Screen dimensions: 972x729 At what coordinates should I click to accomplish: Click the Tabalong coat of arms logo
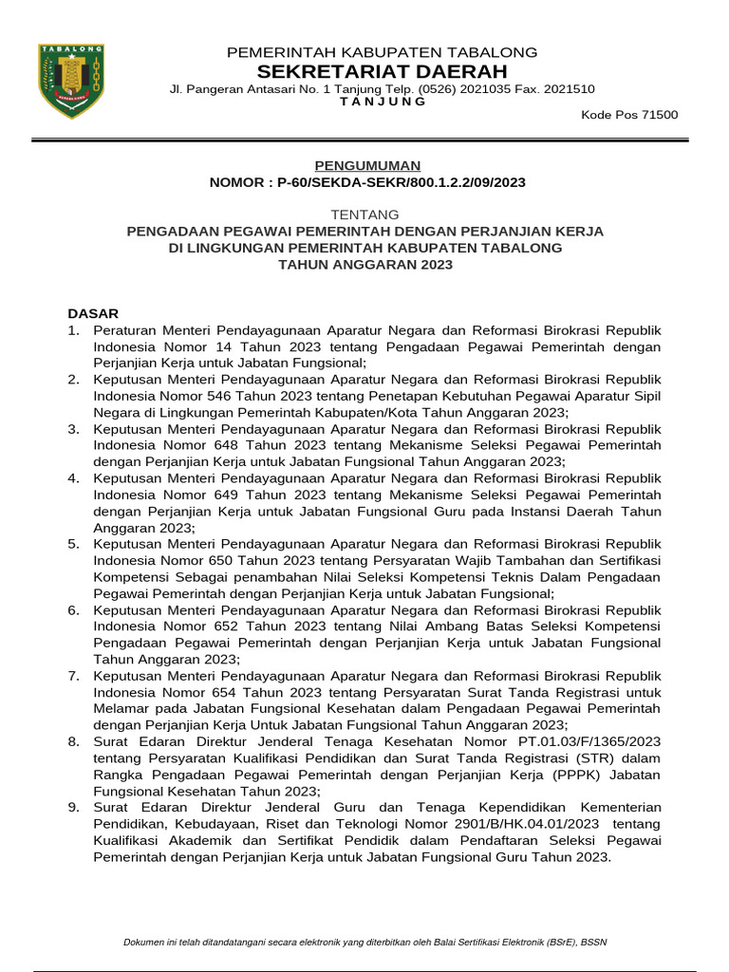[71, 81]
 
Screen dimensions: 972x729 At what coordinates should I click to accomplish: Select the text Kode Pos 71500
[629, 115]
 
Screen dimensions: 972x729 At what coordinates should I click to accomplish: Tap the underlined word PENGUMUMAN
[367, 165]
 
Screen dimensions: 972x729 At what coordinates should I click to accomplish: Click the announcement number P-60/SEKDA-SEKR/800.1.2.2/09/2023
[402, 181]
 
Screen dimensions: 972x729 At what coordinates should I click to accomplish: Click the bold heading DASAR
[93, 313]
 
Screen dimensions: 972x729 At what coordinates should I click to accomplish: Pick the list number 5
[73, 544]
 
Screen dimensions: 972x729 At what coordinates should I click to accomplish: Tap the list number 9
[73, 807]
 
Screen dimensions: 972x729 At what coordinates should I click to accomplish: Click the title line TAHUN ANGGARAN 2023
[365, 265]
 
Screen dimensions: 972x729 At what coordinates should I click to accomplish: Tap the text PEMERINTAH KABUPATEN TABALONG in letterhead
[382, 52]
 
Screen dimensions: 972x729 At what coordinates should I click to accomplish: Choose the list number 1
[73, 329]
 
